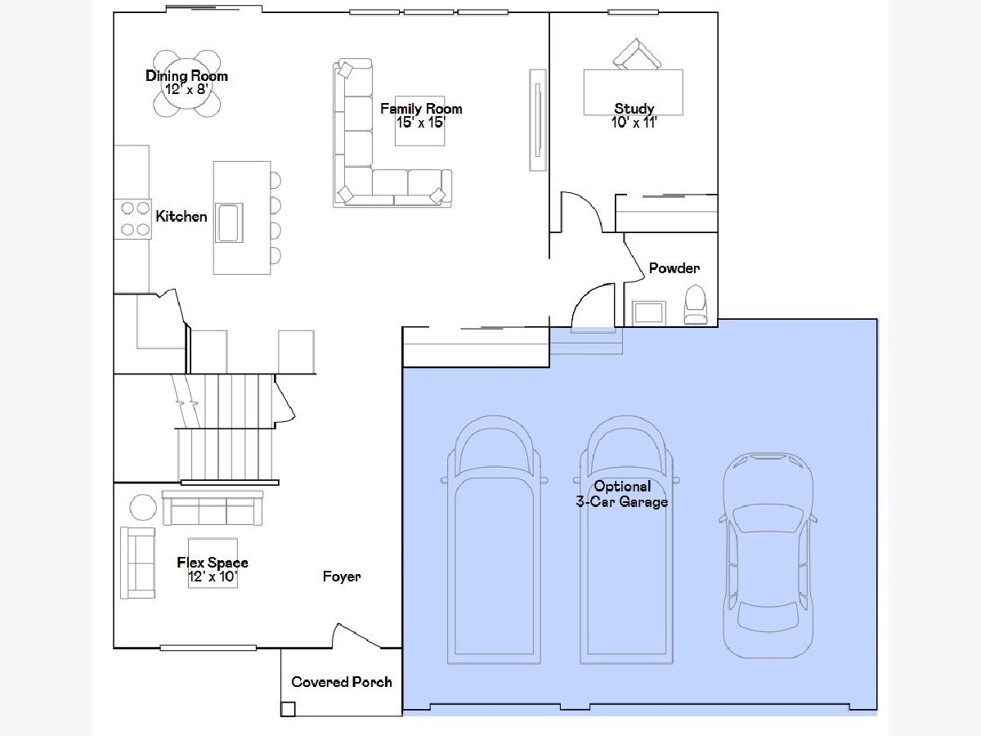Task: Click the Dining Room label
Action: pos(187,76)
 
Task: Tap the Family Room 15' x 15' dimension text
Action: pos(421,123)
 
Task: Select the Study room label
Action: pos(634,109)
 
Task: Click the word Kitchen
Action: pos(181,217)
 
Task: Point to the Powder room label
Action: pos(674,268)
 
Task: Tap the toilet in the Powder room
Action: pos(696,305)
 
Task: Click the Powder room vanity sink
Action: pos(648,313)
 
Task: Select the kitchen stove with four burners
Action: pos(132,219)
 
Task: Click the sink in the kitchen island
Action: pos(229,223)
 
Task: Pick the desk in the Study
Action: pos(634,92)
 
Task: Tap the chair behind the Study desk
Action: pos(636,54)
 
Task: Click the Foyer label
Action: pos(342,577)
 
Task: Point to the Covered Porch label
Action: pos(342,682)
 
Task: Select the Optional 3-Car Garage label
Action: pos(622,494)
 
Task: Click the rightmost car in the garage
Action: pos(768,555)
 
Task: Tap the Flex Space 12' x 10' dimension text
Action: pos(213,577)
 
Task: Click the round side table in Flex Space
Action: pos(143,507)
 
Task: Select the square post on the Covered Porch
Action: pos(288,709)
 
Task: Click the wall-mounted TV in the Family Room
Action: pos(538,119)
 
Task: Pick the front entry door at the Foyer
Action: pos(357,635)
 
